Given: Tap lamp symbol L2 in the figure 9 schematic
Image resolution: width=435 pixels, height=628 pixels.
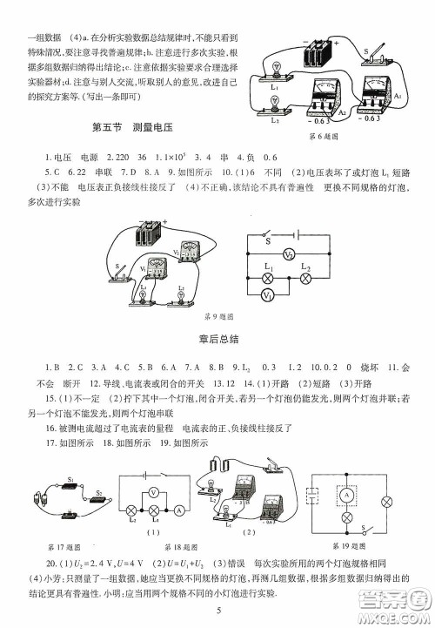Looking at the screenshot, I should click(305, 278).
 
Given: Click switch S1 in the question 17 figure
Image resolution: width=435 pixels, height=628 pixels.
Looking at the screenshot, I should click(71, 482).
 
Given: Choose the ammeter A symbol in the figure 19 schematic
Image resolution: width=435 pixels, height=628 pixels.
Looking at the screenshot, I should click(345, 494).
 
